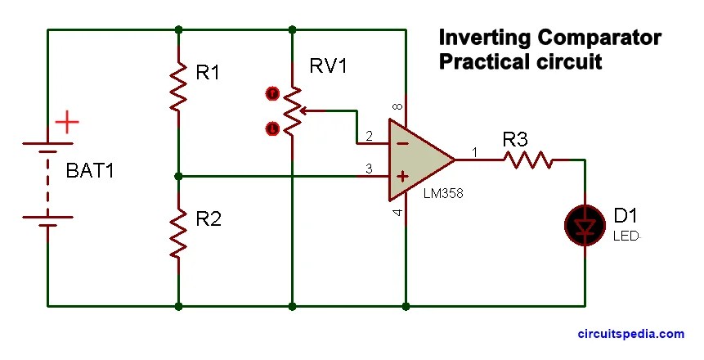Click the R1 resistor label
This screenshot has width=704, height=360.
pos(208,74)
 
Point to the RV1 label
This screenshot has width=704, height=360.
pos(328,66)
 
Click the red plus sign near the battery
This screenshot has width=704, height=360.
pos(67,124)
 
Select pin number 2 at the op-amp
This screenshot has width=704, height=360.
pos(370,135)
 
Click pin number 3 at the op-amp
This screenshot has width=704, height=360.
pos(370,169)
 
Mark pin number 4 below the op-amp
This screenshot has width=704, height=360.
pos(398,214)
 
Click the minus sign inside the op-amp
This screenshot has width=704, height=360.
pos(402,142)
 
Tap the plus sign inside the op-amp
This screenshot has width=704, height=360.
pos(402,175)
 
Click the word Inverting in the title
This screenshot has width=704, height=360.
pos(483,38)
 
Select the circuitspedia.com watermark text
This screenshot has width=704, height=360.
pos(630,334)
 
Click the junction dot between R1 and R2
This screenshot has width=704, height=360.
pos(178,175)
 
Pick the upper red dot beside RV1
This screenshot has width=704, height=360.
pos(272,93)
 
